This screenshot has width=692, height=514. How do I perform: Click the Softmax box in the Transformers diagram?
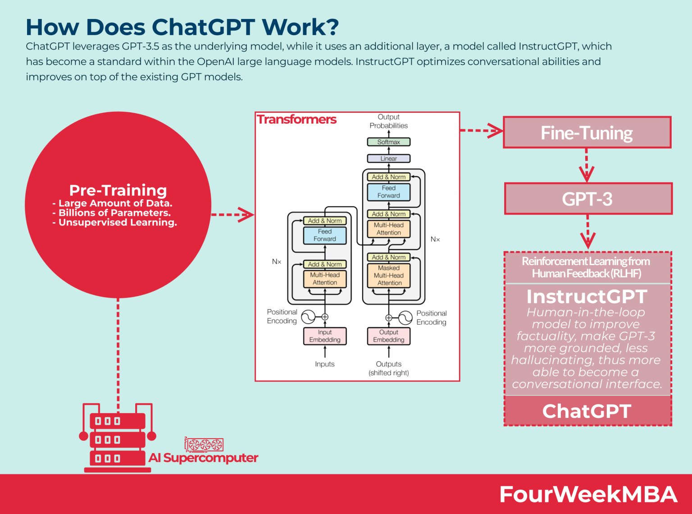pos(388,142)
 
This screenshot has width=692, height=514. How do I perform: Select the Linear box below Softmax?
pos(388,159)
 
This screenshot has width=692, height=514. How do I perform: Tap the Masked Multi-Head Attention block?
pos(388,275)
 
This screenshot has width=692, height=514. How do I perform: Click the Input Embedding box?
pos(324,336)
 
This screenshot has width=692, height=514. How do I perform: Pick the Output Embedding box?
pos(388,336)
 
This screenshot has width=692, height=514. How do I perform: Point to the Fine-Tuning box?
pos(587,133)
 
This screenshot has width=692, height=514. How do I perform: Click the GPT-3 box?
pos(587,199)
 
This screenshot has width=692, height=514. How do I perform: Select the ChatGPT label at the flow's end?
pos(587,411)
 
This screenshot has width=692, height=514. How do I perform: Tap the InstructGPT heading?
pos(587,297)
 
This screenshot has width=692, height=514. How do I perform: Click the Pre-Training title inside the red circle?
pos(118,190)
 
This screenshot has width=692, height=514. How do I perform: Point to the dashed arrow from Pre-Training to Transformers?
pos(232,215)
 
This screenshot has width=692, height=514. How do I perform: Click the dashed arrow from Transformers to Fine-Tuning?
pos(481,131)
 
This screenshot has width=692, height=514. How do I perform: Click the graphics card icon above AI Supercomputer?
pos(204,445)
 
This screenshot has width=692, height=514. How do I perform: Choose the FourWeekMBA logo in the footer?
pos(588,495)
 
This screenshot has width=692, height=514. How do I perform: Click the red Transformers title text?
pos(296,119)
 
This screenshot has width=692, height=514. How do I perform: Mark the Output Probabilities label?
pos(388,121)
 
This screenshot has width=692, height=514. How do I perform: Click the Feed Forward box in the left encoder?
pos(324,235)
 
